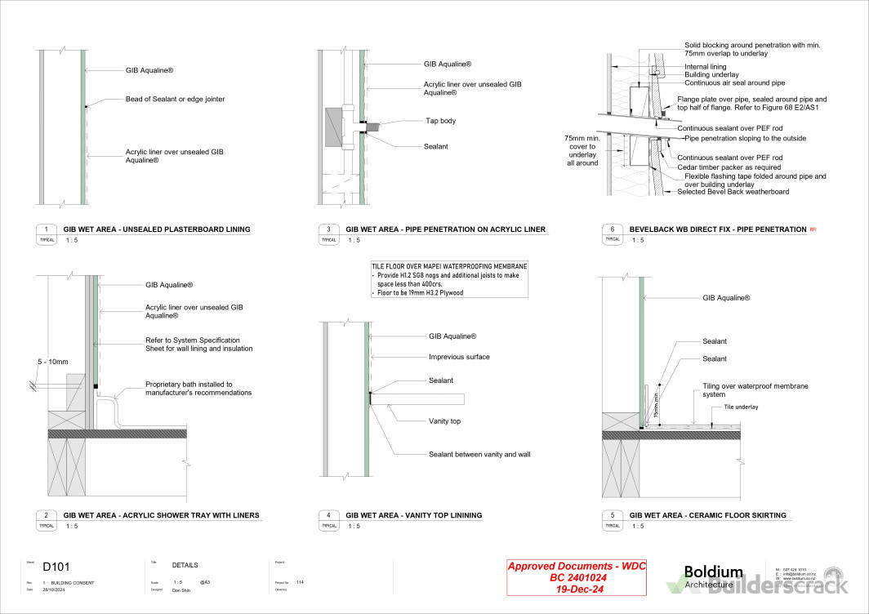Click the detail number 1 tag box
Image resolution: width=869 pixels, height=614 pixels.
pos(47,229)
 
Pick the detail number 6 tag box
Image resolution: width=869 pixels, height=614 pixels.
pos(613,229)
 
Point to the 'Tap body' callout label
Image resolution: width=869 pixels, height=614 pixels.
pos(440,121)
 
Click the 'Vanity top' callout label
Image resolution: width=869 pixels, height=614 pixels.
pos(445,421)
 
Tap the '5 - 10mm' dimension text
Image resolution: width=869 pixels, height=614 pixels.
pos(52,361)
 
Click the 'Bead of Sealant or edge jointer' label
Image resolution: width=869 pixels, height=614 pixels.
pos(175,99)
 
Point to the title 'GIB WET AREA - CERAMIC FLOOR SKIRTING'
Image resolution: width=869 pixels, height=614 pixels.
pos(708,515)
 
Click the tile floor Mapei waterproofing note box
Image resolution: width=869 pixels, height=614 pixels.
pos(449,279)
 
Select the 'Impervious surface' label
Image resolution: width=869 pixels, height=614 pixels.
pos(459,357)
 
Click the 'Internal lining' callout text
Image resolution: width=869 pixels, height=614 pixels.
pos(705,66)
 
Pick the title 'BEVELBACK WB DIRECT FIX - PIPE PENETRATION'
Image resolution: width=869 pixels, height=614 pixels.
pos(718,229)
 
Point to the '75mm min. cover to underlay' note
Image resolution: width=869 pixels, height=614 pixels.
pos(582,150)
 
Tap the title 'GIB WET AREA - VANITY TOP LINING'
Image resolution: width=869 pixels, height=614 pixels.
pos(413,515)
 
